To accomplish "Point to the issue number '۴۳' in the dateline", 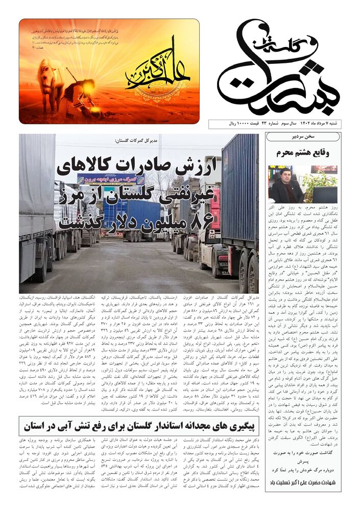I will pos(266,125).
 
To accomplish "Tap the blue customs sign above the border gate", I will pos(111,180).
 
